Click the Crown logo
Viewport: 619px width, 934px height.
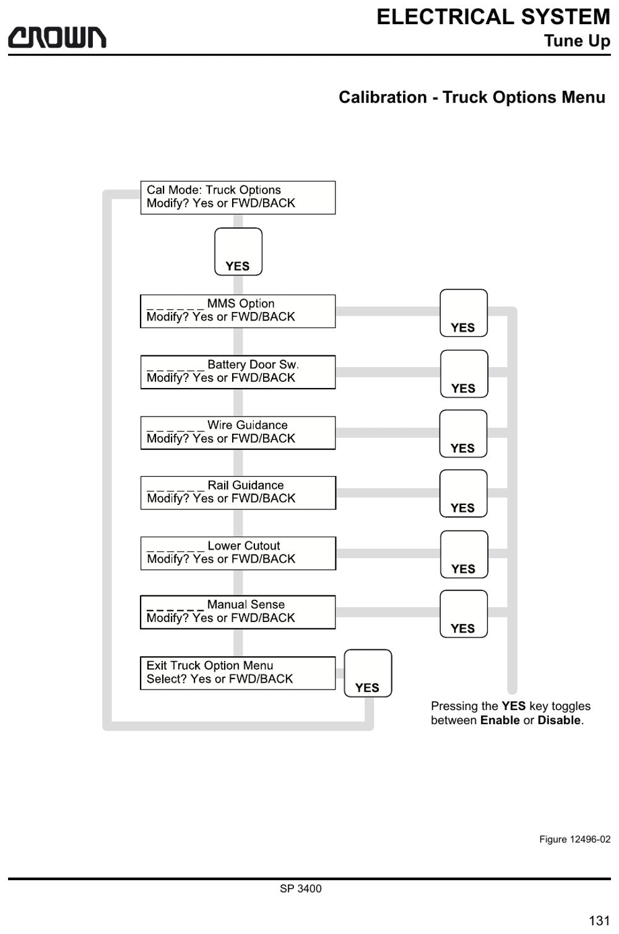coord(57,38)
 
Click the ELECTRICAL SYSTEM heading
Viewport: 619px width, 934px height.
coord(493,17)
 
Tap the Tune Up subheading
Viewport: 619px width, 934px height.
coord(578,41)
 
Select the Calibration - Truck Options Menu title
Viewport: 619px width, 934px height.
coord(472,97)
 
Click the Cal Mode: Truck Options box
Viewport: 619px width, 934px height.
coord(238,197)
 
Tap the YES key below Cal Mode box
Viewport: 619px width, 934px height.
coord(238,251)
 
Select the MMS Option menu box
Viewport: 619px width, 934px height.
coord(238,311)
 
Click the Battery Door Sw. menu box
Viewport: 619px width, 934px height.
coord(238,372)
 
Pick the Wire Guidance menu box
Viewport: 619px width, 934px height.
coord(238,433)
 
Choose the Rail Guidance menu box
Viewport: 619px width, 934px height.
coord(238,493)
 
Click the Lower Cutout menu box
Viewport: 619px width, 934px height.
coord(238,553)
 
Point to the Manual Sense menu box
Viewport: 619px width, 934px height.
coord(238,612)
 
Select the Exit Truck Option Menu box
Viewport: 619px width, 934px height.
coord(238,673)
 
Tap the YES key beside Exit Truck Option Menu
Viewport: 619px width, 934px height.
coord(368,673)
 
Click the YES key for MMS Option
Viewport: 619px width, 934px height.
coord(464,313)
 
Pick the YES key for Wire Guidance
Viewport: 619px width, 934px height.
coord(464,434)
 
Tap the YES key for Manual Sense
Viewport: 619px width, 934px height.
coord(464,614)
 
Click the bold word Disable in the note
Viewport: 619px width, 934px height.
coord(559,720)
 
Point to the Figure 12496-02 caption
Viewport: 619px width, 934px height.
coord(575,839)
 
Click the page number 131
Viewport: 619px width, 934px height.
coord(599,920)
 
